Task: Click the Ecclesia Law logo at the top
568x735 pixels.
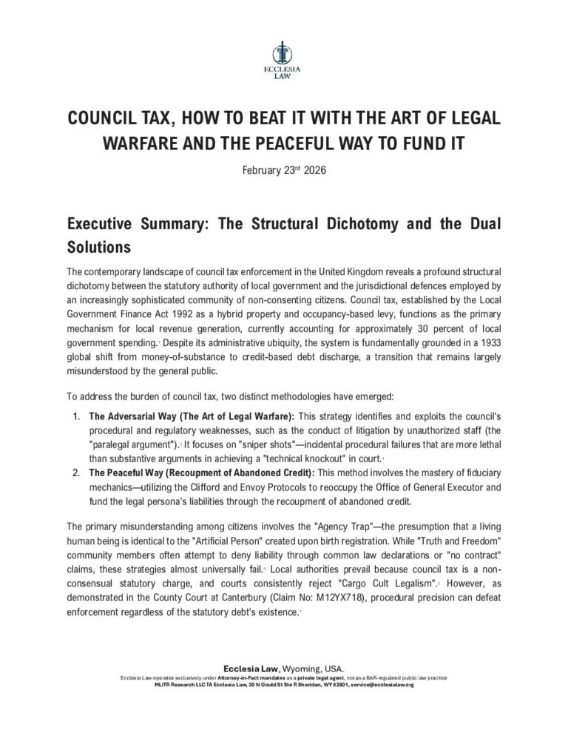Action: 284,60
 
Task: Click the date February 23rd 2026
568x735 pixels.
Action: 284,170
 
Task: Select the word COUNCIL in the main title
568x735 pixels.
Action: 112,119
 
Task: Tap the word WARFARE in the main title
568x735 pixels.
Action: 138,143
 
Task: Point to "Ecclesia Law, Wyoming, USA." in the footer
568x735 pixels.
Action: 284,668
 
